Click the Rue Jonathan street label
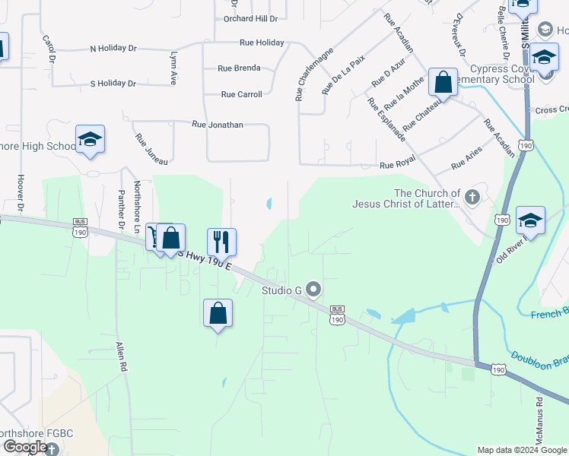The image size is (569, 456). point(217,124)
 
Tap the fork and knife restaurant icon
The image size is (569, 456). point(221,242)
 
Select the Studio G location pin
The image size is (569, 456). point(314,290)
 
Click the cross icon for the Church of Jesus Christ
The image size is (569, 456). point(472,198)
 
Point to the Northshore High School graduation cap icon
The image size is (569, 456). point(90,139)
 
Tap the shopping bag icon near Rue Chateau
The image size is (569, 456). point(443,81)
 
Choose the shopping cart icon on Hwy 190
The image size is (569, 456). point(155,237)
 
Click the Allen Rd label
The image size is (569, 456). point(120,355)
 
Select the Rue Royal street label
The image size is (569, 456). point(396,165)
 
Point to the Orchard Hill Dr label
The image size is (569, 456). point(250,18)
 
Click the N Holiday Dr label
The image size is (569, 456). point(113,49)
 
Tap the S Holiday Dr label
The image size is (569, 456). point(113,84)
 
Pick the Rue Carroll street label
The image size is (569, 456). point(241,95)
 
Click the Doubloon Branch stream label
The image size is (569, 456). point(539,360)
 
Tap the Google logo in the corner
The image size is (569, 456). point(24,447)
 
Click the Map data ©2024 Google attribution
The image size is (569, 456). point(522,450)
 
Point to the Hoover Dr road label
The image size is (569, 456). point(20,195)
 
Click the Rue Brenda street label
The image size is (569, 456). point(239,68)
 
